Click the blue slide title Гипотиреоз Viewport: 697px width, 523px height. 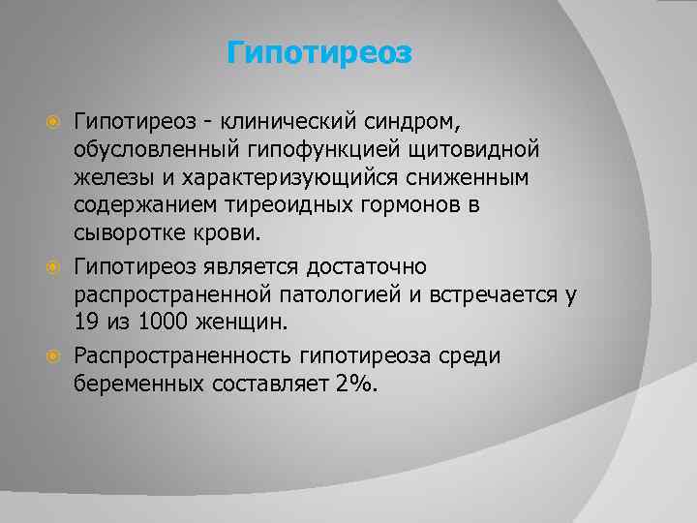[319, 52]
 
